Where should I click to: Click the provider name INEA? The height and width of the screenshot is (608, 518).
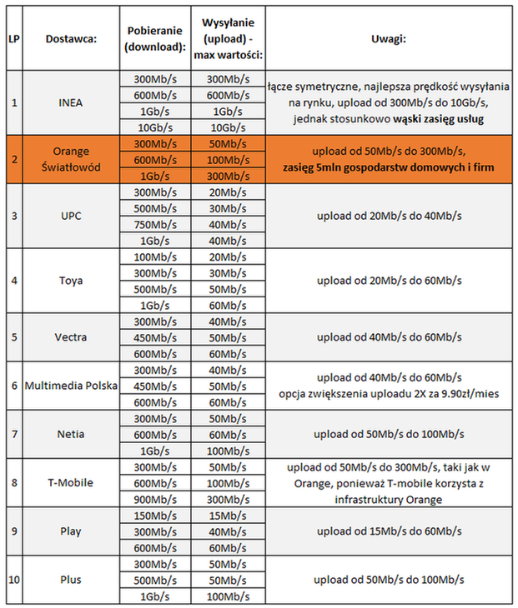tap(71, 103)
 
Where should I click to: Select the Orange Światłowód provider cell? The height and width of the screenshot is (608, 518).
tap(71, 159)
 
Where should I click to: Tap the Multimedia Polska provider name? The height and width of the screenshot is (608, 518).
tap(71, 386)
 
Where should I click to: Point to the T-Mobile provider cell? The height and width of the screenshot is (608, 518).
tap(71, 482)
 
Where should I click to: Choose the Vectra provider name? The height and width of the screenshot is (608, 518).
tap(71, 337)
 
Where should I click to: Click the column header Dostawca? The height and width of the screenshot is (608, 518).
tap(71, 39)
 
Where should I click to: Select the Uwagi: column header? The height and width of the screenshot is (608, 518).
tap(388, 39)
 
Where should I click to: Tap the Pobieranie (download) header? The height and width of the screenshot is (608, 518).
tap(154, 39)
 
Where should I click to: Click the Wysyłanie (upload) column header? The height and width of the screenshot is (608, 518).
tap(227, 39)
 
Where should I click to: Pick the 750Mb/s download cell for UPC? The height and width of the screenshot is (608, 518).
tap(154, 224)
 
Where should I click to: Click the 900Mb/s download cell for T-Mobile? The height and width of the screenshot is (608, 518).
tap(154, 499)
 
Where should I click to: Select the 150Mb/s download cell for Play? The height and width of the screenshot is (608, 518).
tap(154, 515)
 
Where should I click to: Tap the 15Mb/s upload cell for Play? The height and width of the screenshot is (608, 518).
tap(227, 515)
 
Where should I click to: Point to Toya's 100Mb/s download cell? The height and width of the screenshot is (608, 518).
tap(154, 257)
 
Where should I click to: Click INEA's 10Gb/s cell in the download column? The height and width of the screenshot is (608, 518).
tap(154, 127)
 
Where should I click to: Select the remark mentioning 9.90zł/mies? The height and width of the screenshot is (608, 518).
tap(388, 394)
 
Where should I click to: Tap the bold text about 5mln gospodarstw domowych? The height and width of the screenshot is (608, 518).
tap(388, 168)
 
